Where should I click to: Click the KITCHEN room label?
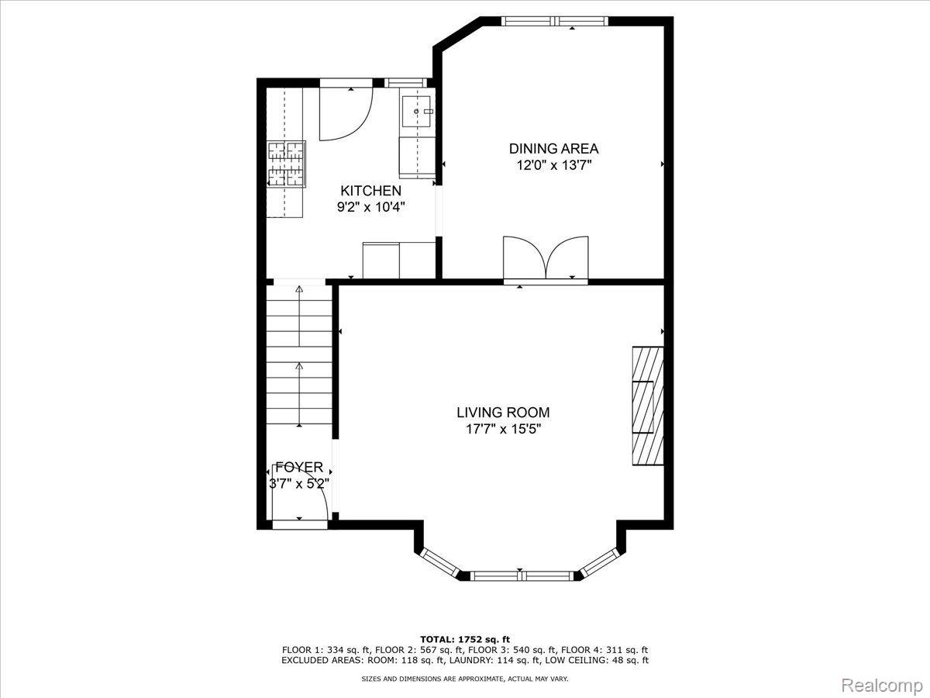pos(370,191)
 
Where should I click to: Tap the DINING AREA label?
pos(554,149)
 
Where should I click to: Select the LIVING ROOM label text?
pos(503,413)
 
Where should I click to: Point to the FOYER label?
pos(299,467)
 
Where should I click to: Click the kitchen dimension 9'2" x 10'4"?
pos(371,207)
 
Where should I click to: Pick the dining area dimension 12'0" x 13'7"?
pos(554,165)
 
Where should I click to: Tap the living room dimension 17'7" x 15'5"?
pos(504,429)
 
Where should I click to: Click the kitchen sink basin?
pos(416,111)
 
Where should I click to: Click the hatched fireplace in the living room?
pos(648,406)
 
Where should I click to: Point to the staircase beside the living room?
pos(299,355)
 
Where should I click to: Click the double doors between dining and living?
pos(546,257)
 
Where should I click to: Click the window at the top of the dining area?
pos(555,21)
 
